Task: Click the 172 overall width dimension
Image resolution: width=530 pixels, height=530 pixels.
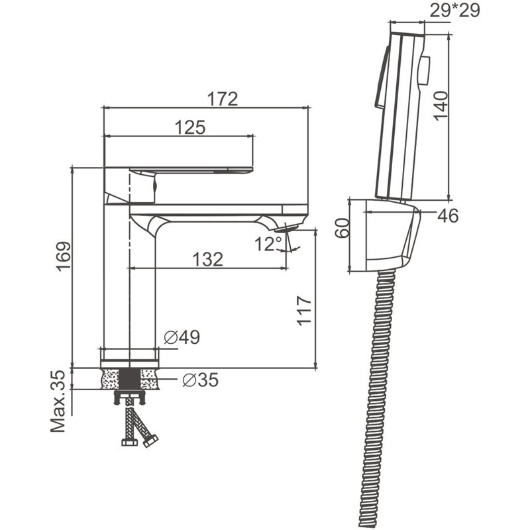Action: (223, 99)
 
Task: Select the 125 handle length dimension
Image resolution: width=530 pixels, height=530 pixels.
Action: (190, 127)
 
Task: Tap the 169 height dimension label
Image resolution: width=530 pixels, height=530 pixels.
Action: (64, 256)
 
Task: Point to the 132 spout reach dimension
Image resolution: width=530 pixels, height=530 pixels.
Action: (207, 260)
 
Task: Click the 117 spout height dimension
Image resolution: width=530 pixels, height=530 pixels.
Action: (304, 311)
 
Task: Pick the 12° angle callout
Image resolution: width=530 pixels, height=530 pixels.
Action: (268, 244)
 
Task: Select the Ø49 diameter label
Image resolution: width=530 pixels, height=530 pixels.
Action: (182, 337)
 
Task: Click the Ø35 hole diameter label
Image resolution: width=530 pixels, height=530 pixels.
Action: (201, 380)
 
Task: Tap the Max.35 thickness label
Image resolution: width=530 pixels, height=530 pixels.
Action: (58, 401)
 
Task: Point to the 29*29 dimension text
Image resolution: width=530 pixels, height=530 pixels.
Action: (454, 11)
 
